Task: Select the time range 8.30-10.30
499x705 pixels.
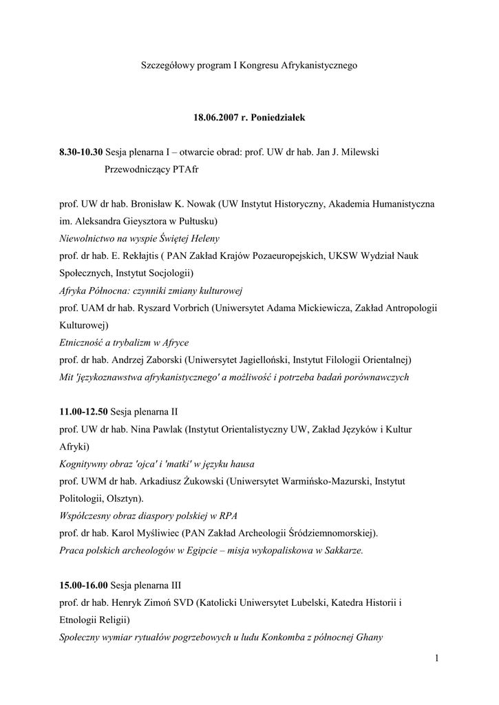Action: coord(81,151)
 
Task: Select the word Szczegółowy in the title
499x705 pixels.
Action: coord(167,65)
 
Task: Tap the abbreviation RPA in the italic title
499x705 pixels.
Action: coord(229,516)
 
